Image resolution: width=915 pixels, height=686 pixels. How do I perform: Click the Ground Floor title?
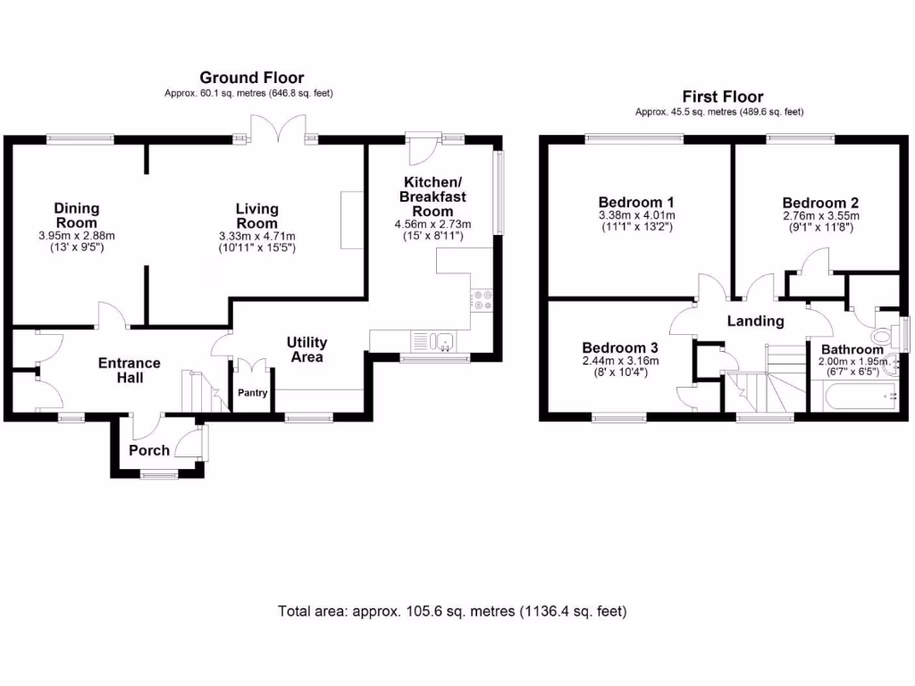(x=251, y=78)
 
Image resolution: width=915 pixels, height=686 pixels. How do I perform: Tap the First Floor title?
(x=723, y=96)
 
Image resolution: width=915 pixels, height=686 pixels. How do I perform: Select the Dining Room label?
(x=78, y=215)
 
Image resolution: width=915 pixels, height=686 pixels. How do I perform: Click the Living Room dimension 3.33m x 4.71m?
(x=256, y=236)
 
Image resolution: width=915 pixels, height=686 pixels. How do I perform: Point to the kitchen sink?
(x=432, y=339)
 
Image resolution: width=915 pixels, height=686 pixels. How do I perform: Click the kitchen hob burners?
(x=482, y=300)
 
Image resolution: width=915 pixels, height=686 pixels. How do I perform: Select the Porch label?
(x=149, y=450)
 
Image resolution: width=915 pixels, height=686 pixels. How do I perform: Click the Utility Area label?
(x=306, y=349)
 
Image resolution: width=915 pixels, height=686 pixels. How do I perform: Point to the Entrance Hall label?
(x=129, y=371)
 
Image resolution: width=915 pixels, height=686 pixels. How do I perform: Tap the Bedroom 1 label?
(x=636, y=201)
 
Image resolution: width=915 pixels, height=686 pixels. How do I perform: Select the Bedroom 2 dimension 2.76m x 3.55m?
(x=820, y=215)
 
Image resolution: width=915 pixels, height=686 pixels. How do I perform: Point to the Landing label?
(x=754, y=322)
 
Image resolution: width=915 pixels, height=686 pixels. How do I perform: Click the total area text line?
(x=452, y=612)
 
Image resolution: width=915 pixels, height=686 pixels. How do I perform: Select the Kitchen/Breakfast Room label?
(x=432, y=196)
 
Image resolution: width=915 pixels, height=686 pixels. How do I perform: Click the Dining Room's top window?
(x=80, y=138)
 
